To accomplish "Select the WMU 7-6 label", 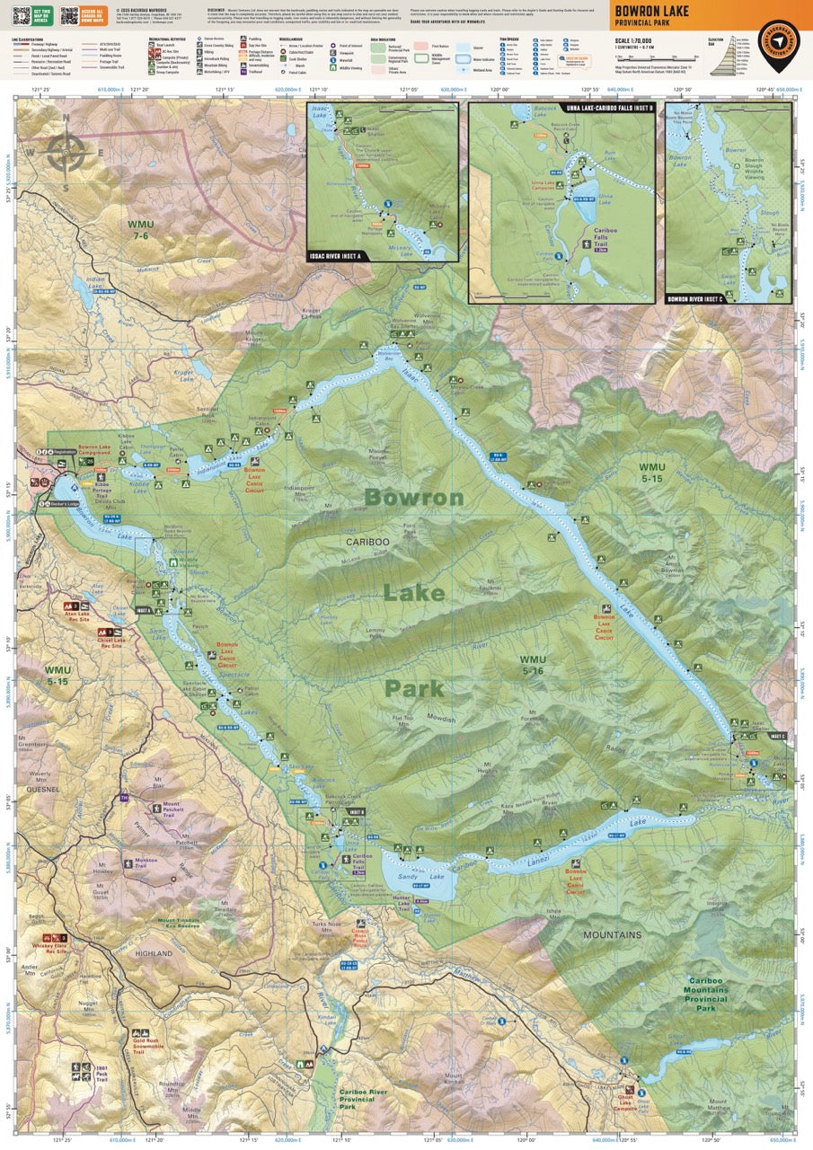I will pos(141,228).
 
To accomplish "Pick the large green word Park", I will pos(414,689).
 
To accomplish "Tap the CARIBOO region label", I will pos(367,542).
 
